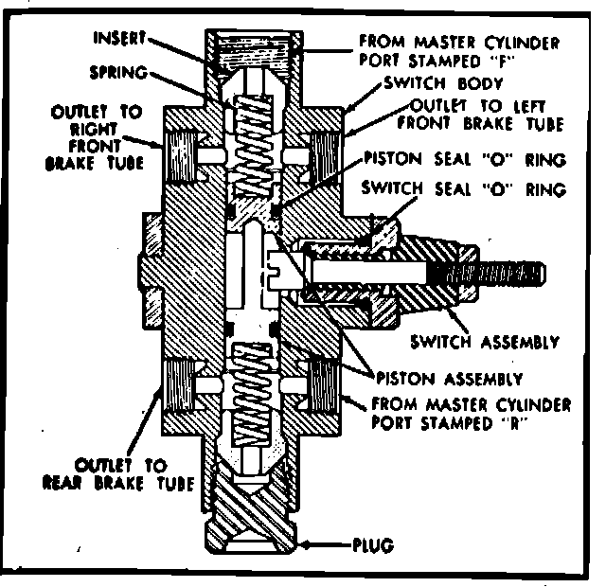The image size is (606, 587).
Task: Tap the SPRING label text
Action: pyautogui.click(x=118, y=71)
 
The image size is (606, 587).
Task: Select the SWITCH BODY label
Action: pyautogui.click(x=418, y=84)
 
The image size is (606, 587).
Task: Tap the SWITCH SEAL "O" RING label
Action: pyautogui.click(x=464, y=189)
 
